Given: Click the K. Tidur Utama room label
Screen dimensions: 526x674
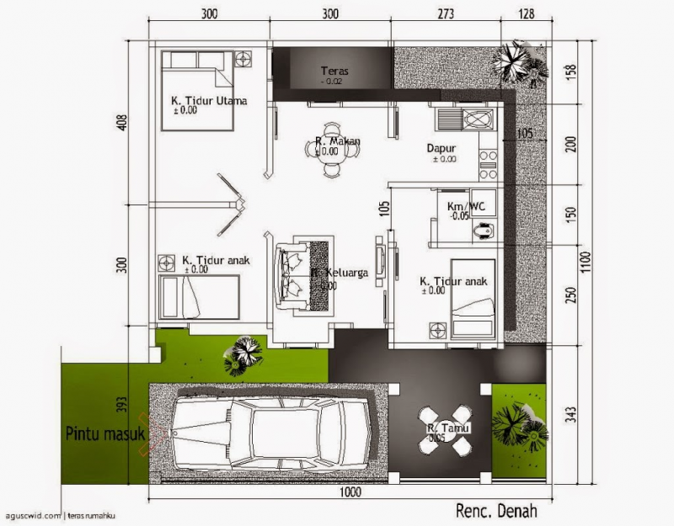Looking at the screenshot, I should [x=208, y=102].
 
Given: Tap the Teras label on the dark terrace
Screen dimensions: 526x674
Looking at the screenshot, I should [x=334, y=72].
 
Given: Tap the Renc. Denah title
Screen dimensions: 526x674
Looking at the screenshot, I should [x=496, y=510].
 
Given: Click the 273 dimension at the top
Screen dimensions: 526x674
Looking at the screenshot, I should [x=447, y=14].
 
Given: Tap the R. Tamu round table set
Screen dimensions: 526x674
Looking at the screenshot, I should [x=446, y=429].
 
